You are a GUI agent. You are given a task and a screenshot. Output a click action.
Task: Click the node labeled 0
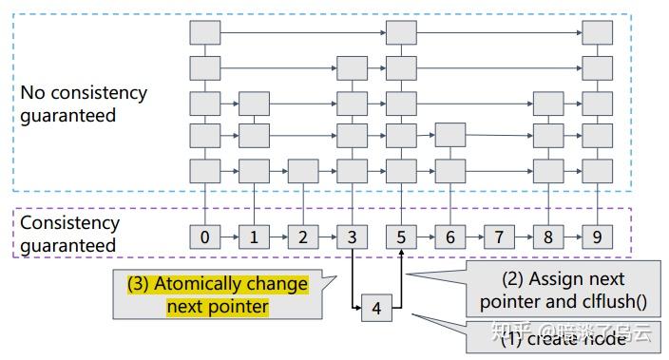[205, 237]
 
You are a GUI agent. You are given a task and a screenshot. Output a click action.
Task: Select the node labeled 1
[254, 237]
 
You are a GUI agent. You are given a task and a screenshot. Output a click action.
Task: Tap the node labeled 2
[302, 237]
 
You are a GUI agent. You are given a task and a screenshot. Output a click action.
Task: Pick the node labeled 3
[352, 237]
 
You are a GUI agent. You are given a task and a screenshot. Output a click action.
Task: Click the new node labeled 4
[376, 308]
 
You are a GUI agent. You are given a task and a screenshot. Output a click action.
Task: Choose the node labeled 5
[401, 237]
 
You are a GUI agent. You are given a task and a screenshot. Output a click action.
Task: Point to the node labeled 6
[450, 237]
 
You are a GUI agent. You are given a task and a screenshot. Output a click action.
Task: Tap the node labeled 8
[548, 237]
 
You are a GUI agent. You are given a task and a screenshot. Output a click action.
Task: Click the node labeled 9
[597, 237]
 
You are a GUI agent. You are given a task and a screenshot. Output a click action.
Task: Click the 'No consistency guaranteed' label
[84, 104]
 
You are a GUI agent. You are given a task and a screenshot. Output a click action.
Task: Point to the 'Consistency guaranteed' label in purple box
[70, 234]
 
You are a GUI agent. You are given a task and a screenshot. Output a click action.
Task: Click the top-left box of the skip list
[205, 33]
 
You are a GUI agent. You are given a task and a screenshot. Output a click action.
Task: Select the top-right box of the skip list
[597, 33]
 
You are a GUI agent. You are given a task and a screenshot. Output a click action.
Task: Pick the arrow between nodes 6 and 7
[474, 237]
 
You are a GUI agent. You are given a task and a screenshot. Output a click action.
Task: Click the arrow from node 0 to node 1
[229, 237]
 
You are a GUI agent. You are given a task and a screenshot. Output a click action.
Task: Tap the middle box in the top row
[401, 33]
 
